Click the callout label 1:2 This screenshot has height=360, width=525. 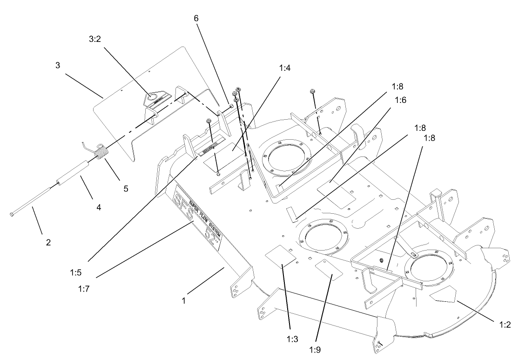(x=504, y=325)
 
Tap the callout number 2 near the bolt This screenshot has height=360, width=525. (x=48, y=242)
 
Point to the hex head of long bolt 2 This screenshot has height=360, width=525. (x=11, y=214)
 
